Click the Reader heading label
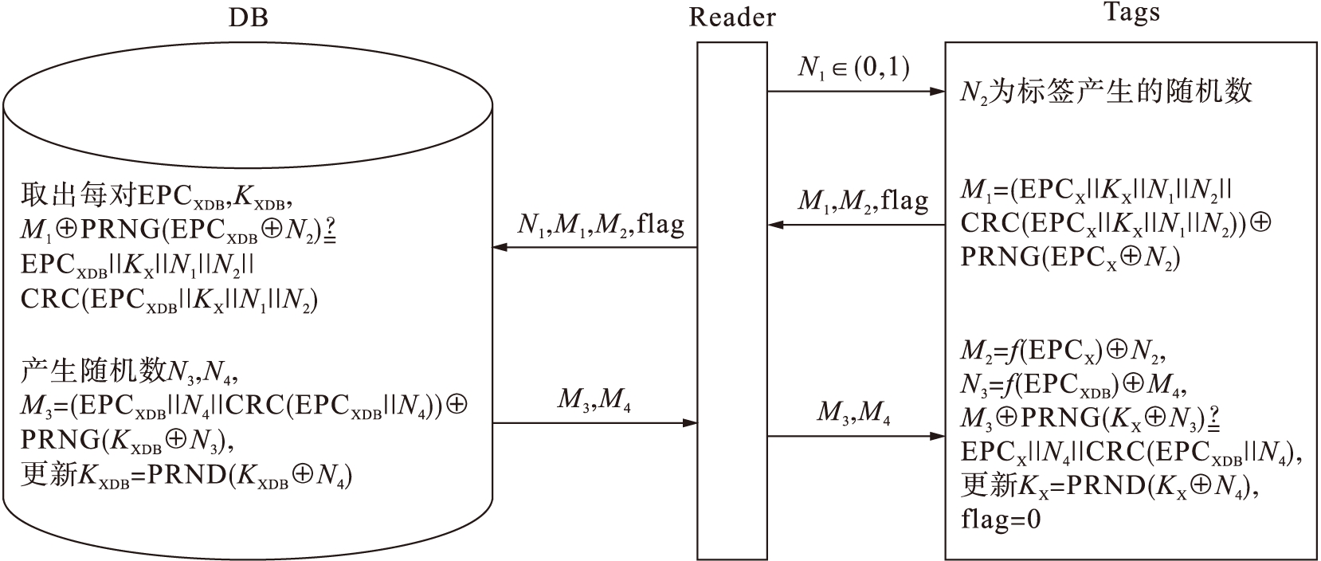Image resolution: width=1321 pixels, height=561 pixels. (731, 18)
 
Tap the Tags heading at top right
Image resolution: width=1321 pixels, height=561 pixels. (1131, 14)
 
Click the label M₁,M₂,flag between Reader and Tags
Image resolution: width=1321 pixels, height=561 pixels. (863, 201)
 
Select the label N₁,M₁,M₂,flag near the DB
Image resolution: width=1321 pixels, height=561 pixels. (600, 225)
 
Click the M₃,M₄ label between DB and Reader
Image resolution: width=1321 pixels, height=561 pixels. (594, 399)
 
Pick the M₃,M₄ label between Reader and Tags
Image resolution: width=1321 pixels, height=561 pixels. (853, 413)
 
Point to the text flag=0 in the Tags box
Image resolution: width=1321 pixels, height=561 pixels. (1001, 520)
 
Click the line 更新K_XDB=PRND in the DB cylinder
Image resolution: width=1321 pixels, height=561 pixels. (187, 477)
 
